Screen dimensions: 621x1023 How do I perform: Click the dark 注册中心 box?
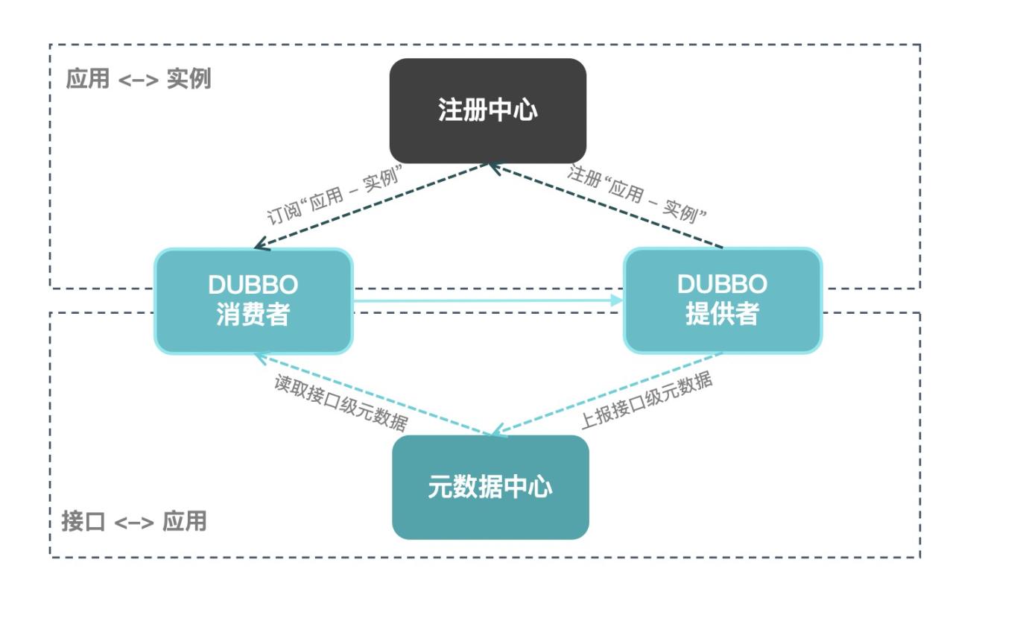point(488,110)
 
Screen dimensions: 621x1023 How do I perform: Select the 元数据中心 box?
point(490,487)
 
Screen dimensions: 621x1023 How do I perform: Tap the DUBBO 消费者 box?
point(253,300)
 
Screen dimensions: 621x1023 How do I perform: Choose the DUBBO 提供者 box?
point(722,300)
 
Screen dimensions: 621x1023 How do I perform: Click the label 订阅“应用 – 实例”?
point(335,195)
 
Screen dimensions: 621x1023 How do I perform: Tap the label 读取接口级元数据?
point(341,403)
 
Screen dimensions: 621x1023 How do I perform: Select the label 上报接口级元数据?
point(646,400)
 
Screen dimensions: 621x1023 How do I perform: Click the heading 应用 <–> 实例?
point(139,79)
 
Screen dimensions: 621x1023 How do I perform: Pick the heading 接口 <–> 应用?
point(134,521)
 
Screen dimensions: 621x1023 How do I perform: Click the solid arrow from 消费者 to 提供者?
point(484,300)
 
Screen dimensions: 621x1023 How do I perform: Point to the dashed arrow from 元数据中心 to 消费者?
point(380,395)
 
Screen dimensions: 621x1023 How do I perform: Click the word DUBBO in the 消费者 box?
point(253,285)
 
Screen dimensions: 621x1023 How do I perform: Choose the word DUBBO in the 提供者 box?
point(722,284)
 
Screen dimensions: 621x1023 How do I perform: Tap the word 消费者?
point(253,315)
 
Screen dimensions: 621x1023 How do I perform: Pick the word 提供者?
point(722,315)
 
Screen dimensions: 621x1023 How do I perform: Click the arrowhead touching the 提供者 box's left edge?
point(617,300)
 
